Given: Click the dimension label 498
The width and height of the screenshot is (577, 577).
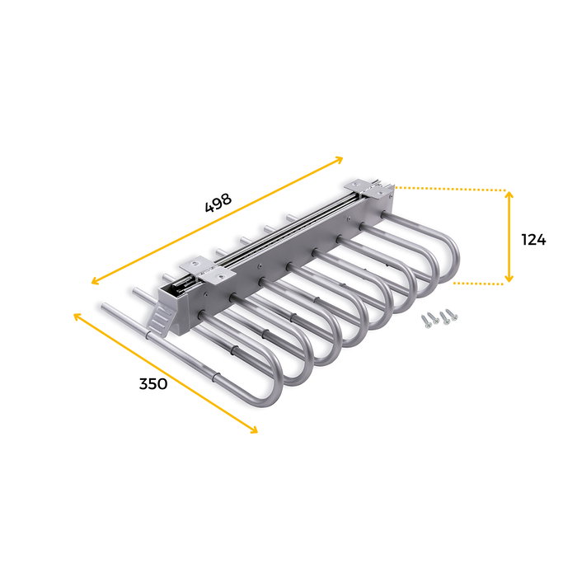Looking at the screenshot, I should click(x=218, y=203).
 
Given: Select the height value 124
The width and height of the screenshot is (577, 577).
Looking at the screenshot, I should click(x=533, y=239).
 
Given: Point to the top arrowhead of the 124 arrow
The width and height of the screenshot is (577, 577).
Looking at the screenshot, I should click(x=509, y=195).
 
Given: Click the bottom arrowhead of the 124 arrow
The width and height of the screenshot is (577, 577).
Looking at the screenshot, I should click(x=509, y=279).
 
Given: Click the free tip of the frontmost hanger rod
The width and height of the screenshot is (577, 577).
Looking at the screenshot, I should click(x=105, y=307).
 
